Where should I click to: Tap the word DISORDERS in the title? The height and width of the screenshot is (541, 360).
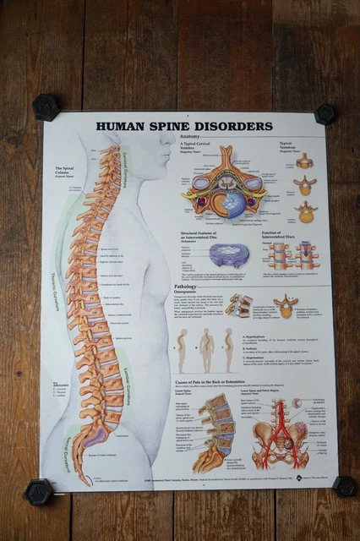coord(232,127)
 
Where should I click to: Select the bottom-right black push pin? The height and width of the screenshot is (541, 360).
coord(343,486)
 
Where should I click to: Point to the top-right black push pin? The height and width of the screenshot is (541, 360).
coord(325,113)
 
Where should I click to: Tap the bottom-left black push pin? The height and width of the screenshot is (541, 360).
coord(38,491)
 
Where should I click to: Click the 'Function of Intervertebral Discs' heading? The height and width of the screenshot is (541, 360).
coord(290,232)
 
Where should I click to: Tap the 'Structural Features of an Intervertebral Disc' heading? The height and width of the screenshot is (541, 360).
coord(206,234)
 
